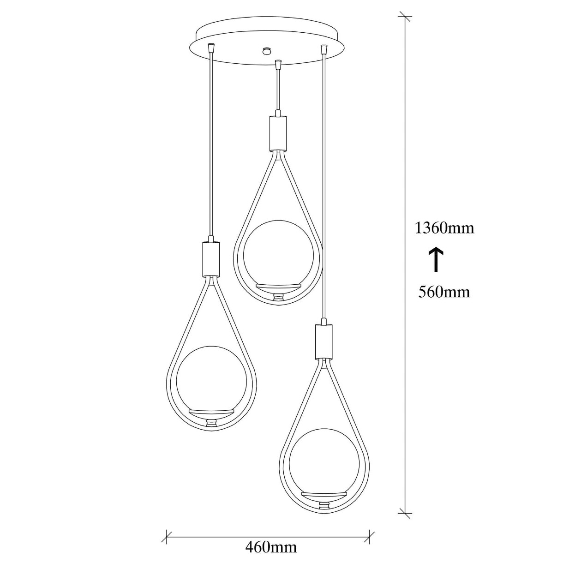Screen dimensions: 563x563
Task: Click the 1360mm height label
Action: [444, 228]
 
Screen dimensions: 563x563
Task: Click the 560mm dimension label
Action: [444, 292]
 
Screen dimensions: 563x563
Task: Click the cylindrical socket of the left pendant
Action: [211, 258]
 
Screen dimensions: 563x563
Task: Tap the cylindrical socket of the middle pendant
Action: [278, 133]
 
